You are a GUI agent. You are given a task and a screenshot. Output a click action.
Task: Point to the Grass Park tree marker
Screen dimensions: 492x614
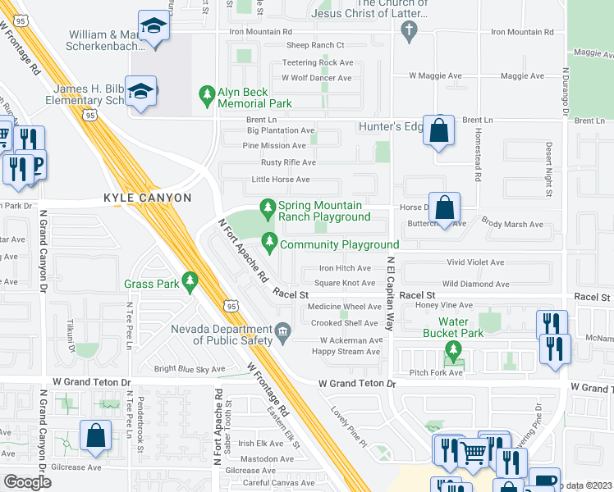[x=190, y=283]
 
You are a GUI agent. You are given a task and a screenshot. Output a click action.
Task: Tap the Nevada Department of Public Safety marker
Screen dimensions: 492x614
[x=282, y=331]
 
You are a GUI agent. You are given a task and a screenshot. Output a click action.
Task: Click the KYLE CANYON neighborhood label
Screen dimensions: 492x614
[x=147, y=198]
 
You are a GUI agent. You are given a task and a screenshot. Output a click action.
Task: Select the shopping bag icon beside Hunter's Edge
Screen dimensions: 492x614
[x=439, y=130]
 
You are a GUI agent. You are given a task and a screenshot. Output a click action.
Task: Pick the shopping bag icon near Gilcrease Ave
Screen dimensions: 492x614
[x=95, y=438]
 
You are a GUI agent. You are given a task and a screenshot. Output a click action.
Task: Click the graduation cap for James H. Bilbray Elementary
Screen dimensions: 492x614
[x=142, y=93]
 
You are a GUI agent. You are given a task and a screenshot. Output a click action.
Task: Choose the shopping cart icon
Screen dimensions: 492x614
[x=473, y=451]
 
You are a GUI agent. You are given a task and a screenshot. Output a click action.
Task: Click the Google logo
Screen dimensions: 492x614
[x=27, y=481]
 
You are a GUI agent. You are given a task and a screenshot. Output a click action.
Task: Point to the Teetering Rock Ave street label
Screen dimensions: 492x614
[x=318, y=62]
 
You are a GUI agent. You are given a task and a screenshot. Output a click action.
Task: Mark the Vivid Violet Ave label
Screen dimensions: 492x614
[x=475, y=262]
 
